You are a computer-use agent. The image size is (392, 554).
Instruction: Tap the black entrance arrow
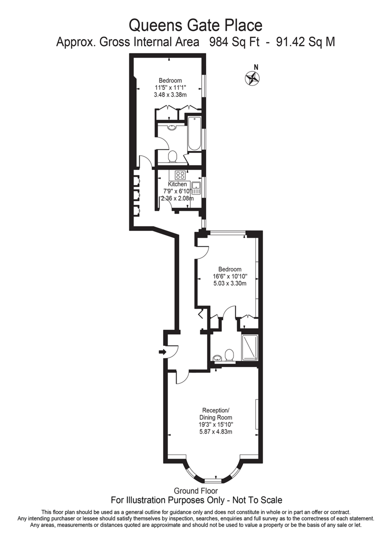pos(162,352)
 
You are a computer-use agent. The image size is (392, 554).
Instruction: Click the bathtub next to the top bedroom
pos(194,134)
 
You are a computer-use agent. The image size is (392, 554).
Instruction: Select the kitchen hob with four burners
pos(180,175)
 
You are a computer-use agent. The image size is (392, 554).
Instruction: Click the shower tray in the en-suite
pos(249,347)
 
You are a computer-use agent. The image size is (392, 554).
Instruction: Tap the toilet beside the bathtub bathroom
pos(173,157)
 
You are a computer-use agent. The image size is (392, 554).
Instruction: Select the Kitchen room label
pos(178,184)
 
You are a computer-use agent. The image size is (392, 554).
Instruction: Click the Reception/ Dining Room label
pos(215,414)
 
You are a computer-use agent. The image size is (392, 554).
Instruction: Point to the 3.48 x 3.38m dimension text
pos(170,95)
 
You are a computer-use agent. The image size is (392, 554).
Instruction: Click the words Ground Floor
pos(196,491)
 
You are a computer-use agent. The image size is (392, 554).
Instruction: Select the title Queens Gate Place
pos(196,24)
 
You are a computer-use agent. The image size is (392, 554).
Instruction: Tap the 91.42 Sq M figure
pos(305,42)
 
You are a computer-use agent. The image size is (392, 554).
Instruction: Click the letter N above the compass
pos(256,66)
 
